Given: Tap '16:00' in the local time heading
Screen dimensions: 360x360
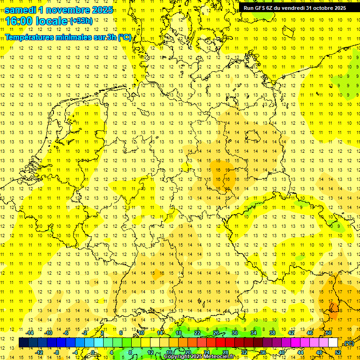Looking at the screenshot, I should point(18,21).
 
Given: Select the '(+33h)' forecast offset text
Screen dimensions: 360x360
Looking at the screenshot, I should point(81,21).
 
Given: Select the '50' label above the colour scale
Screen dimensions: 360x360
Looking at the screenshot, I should point(328,333).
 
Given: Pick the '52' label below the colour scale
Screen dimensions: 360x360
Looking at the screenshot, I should point(338,352).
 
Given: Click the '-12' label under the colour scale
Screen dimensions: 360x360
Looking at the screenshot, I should point(39,352).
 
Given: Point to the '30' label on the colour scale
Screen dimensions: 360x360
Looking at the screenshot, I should point(234,333).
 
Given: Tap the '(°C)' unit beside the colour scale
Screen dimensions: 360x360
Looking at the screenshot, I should point(348,343).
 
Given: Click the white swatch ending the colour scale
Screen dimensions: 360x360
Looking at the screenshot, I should point(333,342).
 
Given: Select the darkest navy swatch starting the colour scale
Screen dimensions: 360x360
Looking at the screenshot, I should point(23,342).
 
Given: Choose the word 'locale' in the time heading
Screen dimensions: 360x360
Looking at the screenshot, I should point(52,21).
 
